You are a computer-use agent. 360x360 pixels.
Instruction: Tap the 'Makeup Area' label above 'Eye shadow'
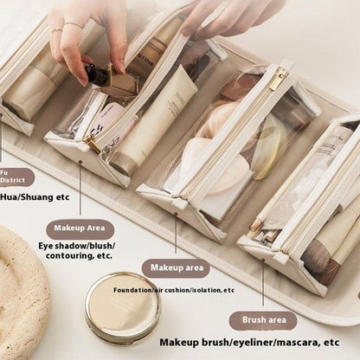(80, 229)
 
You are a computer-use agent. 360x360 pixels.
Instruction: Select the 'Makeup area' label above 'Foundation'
(175, 268)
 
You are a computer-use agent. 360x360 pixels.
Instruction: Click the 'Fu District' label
(15, 177)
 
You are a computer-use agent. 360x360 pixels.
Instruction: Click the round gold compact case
(123, 306)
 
